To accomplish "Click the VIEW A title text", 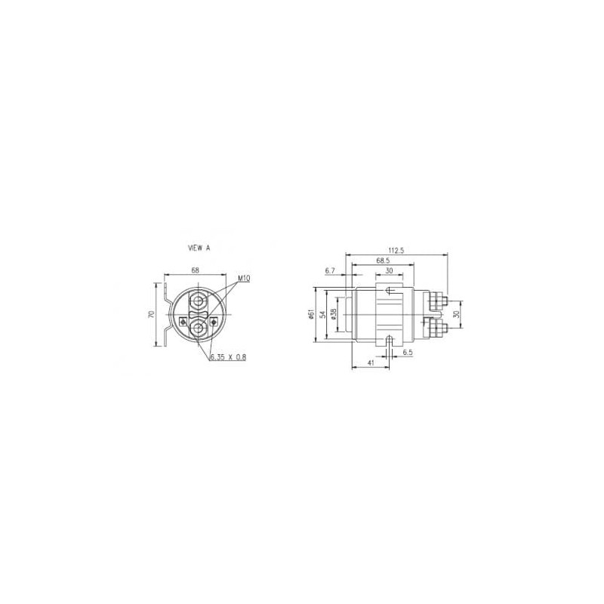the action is pyautogui.click(x=199, y=248).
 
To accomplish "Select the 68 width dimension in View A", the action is pyautogui.click(x=196, y=270).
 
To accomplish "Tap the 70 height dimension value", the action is pyautogui.click(x=152, y=314).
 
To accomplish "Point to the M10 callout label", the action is pyautogui.click(x=244, y=279).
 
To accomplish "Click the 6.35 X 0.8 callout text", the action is pyautogui.click(x=228, y=357).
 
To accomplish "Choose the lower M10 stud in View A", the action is pyautogui.click(x=199, y=328).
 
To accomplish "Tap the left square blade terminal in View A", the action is pyautogui.click(x=183, y=321).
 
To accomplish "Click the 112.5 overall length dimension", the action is pyautogui.click(x=396, y=251).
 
